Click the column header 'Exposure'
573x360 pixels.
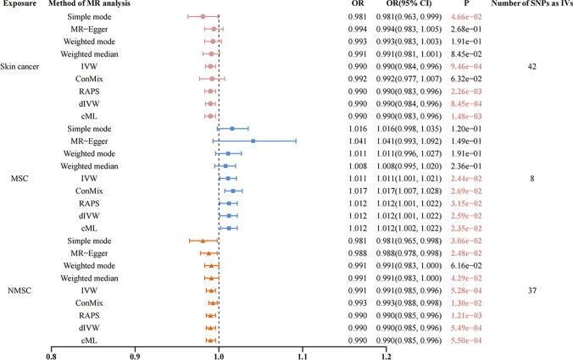[18, 5]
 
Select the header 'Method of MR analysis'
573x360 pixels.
[98, 5]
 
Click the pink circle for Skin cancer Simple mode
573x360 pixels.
[203, 16]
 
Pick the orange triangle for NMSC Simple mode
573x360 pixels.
[203, 241]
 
